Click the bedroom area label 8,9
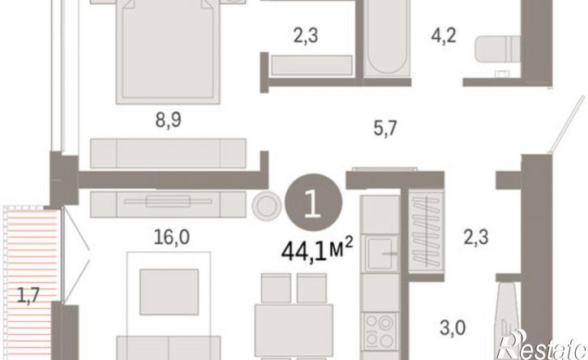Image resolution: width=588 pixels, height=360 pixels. pos(169,120)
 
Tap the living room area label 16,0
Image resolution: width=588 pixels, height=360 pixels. pos(172,237)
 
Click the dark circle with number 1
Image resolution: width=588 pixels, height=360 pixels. pos(314,203)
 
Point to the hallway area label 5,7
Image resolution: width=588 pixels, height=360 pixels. pos(385,129)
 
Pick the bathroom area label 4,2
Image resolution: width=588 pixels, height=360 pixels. pos(444,36)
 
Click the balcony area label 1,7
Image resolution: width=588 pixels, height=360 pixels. pos(28,295)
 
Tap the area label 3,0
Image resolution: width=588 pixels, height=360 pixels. pos(453,328)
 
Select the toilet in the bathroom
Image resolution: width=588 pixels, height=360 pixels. pos(497,49)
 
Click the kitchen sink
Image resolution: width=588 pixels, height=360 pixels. pos(380,253)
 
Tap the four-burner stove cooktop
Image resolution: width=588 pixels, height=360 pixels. pos(380,331)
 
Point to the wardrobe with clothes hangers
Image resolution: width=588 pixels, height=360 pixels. pos(426,231)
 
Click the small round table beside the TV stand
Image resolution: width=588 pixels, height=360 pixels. pos(267,205)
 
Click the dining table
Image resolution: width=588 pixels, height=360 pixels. pos(294,330)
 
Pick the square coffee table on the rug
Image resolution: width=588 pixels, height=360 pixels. pos(170,292)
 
